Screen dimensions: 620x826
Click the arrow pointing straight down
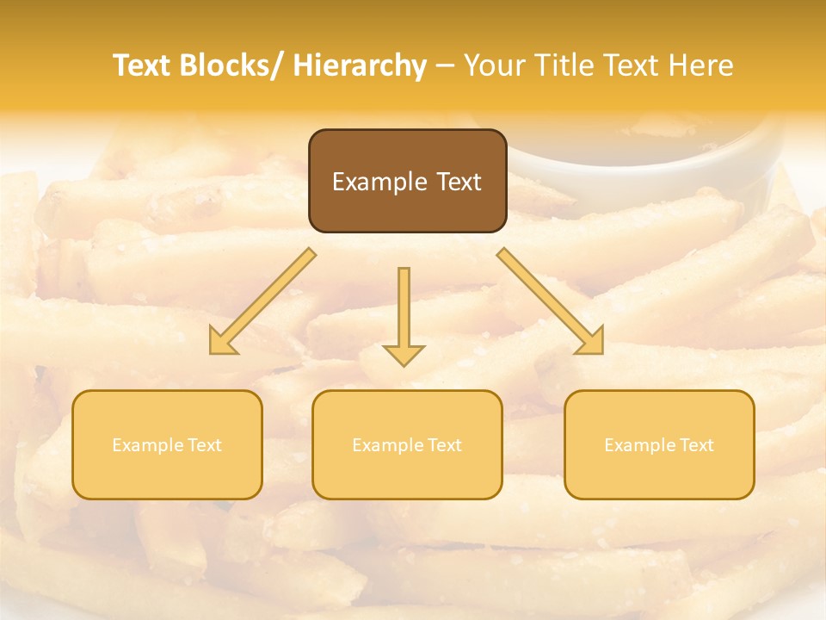(404, 310)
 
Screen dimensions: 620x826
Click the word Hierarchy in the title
(360, 65)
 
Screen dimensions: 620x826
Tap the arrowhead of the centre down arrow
(404, 354)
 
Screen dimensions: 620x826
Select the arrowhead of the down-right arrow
(591, 342)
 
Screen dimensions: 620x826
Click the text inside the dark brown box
(407, 182)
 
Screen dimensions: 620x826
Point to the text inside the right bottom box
(659, 445)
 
